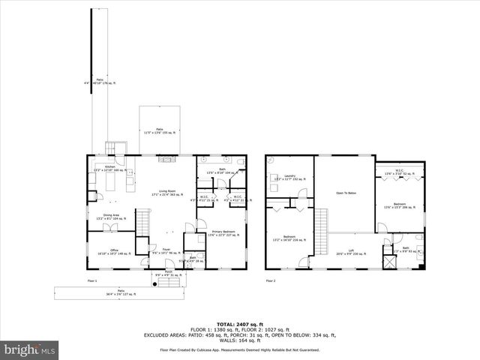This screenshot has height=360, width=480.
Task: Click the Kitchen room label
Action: click(110, 168)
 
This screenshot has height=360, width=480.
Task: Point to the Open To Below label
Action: click(344, 193)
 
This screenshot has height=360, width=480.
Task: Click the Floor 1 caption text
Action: click(92, 281)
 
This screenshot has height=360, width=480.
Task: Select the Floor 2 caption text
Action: click(270, 281)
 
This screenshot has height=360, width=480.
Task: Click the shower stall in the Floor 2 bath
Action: click(388, 262)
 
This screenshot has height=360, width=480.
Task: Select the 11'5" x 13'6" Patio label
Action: click(159, 130)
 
